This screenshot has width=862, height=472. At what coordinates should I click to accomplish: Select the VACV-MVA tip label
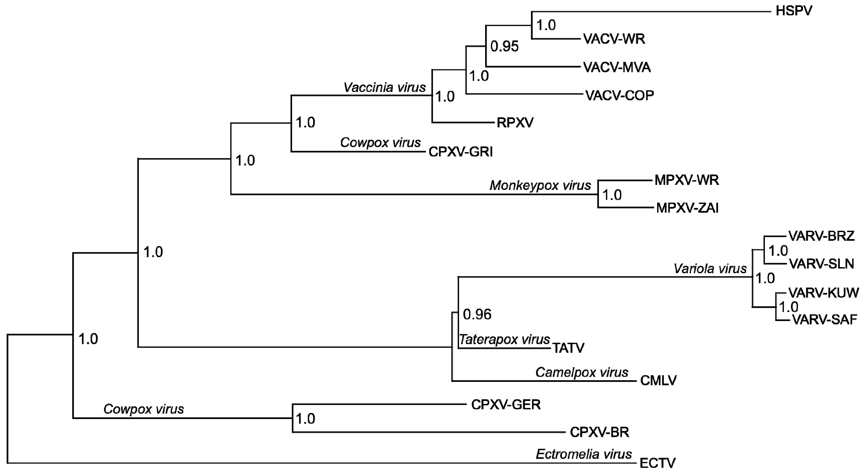click(617, 68)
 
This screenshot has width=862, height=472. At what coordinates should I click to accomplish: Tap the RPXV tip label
click(515, 123)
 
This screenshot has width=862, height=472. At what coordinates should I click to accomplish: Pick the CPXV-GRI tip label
click(460, 152)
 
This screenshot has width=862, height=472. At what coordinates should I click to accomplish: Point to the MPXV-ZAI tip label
click(687, 208)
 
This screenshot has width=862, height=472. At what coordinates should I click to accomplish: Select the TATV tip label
click(568, 348)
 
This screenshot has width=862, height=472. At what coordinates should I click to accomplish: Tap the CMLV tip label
click(658, 380)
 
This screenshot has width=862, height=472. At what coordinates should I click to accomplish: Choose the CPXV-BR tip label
click(599, 432)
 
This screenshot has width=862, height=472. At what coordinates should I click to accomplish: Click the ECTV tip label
click(657, 463)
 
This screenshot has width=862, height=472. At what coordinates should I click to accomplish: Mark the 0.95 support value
click(504, 46)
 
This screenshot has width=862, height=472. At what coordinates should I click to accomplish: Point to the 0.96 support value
click(477, 315)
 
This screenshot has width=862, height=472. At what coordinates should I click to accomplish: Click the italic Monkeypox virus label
click(540, 185)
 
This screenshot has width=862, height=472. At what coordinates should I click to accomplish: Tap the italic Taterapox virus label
click(504, 340)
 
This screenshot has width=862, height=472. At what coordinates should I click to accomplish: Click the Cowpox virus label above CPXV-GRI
click(380, 143)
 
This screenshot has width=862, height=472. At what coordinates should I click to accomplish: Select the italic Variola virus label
click(710, 269)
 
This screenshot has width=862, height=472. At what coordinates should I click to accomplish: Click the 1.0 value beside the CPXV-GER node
click(305, 419)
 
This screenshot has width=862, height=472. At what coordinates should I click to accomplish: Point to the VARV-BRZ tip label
click(821, 236)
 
